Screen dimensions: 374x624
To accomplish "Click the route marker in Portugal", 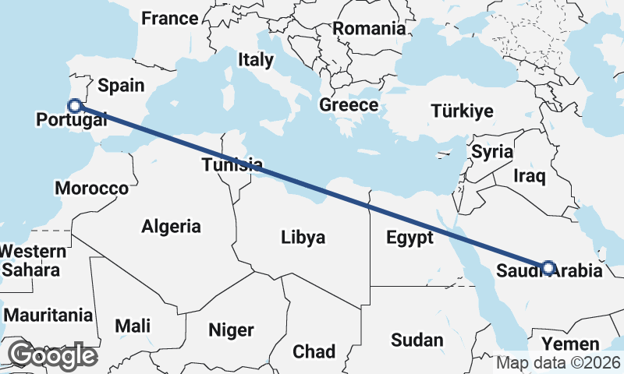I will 75,106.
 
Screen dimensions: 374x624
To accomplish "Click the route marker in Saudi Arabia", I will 548,268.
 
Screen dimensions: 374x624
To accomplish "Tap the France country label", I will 170,19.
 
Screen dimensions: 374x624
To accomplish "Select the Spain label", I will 122,86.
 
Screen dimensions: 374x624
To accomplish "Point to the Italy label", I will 256,59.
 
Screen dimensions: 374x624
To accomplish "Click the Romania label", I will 370,29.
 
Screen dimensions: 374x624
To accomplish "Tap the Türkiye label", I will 463,111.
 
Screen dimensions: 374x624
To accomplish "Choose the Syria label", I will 492,151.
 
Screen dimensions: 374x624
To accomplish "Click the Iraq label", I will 528,176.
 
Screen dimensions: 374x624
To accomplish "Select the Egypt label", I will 409,238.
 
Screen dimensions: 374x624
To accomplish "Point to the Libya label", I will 303,238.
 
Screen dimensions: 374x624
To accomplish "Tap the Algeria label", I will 172,227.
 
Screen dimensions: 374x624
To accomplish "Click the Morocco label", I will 91,189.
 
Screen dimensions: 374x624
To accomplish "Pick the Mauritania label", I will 48,316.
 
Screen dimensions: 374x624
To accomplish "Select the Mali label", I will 133,326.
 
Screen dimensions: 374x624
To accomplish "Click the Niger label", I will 232,330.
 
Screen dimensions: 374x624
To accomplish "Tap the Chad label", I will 314,351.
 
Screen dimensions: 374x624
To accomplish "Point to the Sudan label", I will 417,340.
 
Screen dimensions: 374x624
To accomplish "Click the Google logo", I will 52,355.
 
